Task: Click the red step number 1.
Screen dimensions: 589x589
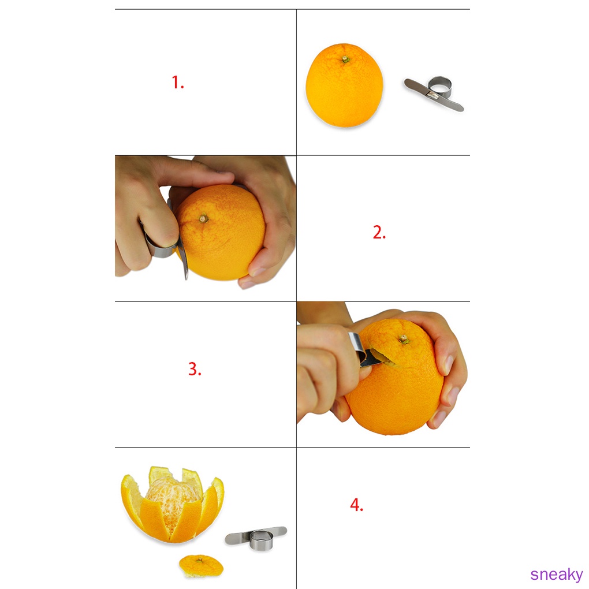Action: point(177,83)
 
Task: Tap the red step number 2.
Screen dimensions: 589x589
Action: point(379,233)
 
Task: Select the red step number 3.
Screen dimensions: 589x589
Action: point(195,369)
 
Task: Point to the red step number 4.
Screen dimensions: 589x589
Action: point(356,505)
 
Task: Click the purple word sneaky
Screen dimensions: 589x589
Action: point(557,575)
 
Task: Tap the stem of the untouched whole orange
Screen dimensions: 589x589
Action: point(345,59)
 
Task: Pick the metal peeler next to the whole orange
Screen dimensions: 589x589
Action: point(434,94)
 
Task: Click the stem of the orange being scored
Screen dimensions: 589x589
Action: point(203,218)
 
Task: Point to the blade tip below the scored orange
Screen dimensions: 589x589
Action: point(185,275)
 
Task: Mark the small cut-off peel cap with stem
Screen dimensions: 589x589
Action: point(201,565)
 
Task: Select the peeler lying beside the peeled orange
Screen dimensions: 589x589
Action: point(256,536)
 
